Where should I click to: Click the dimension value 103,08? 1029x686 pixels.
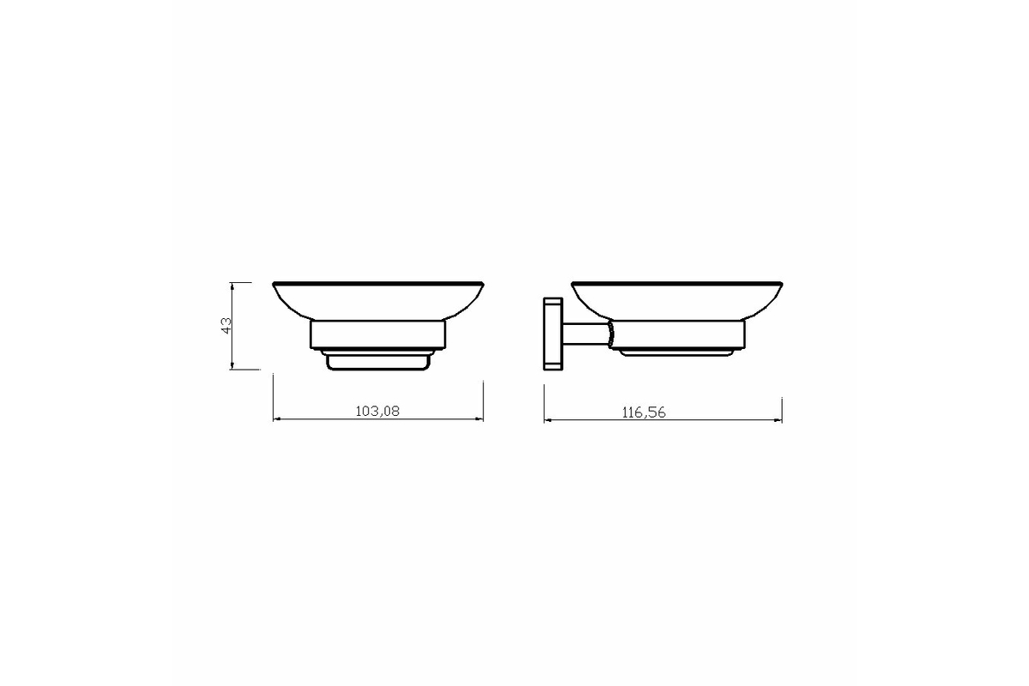(x=377, y=411)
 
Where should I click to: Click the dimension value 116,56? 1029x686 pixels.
(x=644, y=412)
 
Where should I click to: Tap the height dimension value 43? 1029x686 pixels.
(x=227, y=325)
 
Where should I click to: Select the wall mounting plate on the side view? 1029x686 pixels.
(x=553, y=334)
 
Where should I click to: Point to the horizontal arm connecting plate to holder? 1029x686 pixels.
(x=587, y=334)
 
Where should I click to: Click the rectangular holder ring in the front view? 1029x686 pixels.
(x=378, y=334)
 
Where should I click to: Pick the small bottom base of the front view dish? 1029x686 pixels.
(x=378, y=361)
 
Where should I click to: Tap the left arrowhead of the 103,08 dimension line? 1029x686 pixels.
(x=276, y=419)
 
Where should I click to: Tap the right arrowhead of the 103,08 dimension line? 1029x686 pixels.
(x=480, y=419)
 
